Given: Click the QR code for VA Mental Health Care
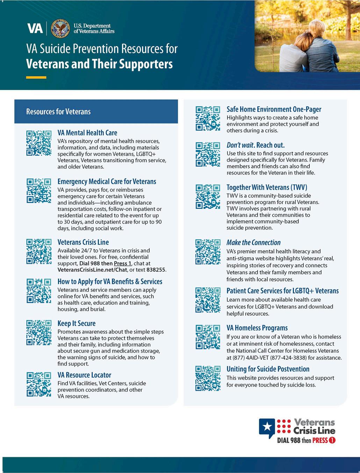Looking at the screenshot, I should pyautogui.click(x=39, y=143).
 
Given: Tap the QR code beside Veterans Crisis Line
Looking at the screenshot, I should pyautogui.click(x=39, y=251).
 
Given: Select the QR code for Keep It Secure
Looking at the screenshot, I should pyautogui.click(x=39, y=332).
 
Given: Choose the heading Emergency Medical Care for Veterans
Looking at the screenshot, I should pyautogui.click(x=107, y=182).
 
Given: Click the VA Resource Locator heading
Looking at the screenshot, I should pyautogui.click(x=84, y=375).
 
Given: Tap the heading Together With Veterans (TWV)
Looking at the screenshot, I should pyautogui.click(x=267, y=188).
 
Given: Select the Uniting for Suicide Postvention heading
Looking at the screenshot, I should pyautogui.click(x=268, y=369).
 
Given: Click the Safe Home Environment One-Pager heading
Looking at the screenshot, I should pyautogui.click(x=274, y=110).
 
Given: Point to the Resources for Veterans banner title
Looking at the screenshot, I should pyautogui.click(x=58, y=112).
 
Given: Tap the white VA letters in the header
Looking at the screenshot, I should pyautogui.click(x=35, y=28).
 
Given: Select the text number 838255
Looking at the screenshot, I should pyautogui.click(x=156, y=270).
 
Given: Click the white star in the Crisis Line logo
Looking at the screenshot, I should pyautogui.click(x=268, y=426).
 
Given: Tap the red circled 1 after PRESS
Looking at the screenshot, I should pyautogui.click(x=332, y=440).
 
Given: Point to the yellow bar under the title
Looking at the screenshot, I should pyautogui.click(x=36, y=77).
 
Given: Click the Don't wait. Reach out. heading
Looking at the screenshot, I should pyautogui.click(x=255, y=145).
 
